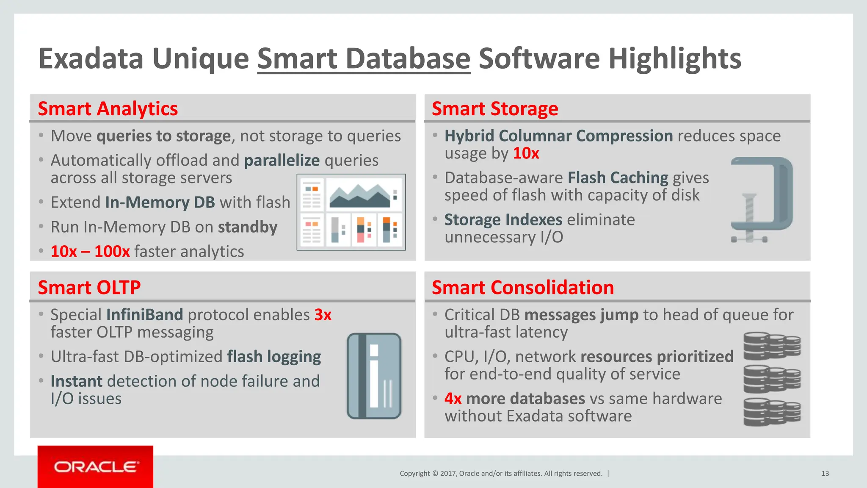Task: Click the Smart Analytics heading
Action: click(108, 109)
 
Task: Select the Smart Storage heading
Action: click(494, 109)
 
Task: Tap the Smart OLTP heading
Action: click(89, 288)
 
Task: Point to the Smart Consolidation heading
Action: click(522, 288)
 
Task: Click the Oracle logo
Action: click(96, 467)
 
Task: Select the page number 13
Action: click(825, 474)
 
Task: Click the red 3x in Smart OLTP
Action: click(323, 315)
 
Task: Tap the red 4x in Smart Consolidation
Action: click(453, 399)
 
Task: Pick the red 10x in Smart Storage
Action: click(526, 153)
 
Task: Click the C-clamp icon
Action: click(761, 200)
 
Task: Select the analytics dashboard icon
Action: click(351, 212)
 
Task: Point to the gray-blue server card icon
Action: click(374, 376)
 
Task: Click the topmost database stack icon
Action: click(772, 345)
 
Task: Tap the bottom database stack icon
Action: click(772, 412)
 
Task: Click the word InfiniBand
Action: click(144, 315)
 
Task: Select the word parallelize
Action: click(282, 161)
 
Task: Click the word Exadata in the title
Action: click(91, 58)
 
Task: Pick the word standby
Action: click(248, 227)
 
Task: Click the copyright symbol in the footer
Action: click(435, 474)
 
